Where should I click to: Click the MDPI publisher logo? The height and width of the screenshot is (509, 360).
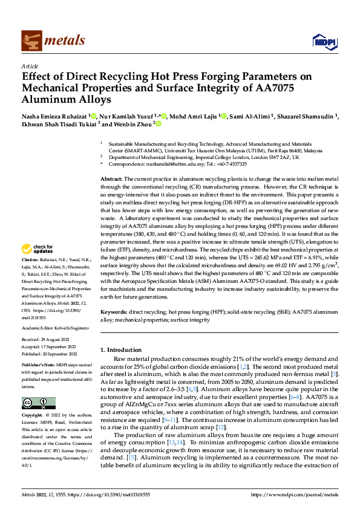pyautogui.click(x=321, y=41)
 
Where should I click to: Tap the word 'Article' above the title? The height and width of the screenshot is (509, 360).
pyautogui.click(x=30, y=66)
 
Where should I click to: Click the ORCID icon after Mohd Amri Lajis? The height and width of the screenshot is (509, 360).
pyautogui.click(x=224, y=115)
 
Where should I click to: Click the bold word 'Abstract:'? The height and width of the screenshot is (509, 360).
pyautogui.click(x=111, y=180)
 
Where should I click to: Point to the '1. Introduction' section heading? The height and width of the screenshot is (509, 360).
pyautogui.click(x=120, y=349)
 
